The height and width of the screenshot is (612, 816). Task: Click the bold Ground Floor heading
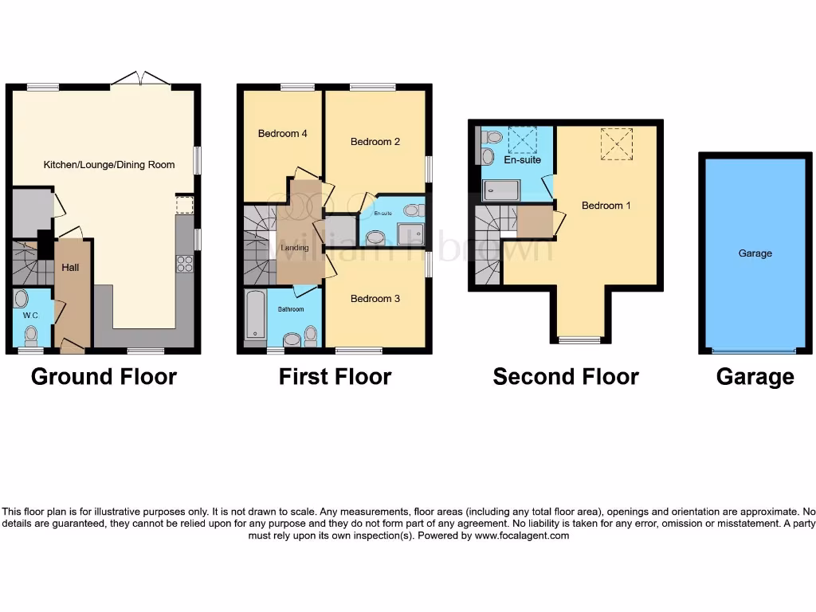104,376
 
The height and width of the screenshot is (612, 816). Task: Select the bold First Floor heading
335,376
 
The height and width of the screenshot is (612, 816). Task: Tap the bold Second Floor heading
566,376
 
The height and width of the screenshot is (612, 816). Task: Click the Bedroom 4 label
282,134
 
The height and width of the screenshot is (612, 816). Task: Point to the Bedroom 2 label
375,142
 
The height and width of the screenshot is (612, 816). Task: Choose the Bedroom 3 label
375,299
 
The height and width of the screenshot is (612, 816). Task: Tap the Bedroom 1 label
606,206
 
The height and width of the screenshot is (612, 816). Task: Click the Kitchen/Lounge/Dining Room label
109,165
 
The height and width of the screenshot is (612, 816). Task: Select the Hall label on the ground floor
71,268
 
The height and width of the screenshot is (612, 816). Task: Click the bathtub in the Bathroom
255,316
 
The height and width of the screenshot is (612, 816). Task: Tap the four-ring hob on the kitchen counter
185,263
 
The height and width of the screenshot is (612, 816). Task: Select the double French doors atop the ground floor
141,79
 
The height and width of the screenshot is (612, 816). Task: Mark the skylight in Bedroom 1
616,144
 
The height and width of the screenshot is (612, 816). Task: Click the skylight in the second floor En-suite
523,140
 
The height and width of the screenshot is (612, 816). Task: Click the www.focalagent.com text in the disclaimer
521,536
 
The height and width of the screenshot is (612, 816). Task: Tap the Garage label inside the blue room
755,253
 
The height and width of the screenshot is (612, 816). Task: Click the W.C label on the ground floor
30,316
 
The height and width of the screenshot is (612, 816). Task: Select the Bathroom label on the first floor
290,309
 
